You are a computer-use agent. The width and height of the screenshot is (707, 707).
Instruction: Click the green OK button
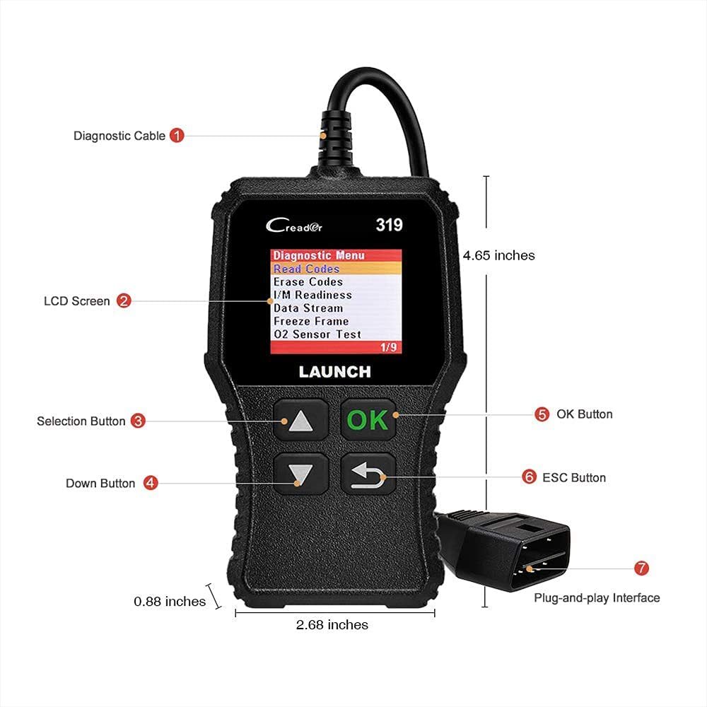[x=368, y=420]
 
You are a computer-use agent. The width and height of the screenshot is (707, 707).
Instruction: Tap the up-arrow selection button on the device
[x=300, y=421]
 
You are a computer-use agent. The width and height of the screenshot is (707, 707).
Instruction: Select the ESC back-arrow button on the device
[x=368, y=474]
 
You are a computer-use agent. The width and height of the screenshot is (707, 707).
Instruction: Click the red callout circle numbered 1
[x=177, y=135]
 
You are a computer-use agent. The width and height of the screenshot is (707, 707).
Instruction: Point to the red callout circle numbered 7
[x=641, y=568]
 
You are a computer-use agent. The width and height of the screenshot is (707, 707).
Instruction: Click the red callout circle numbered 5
[x=542, y=414]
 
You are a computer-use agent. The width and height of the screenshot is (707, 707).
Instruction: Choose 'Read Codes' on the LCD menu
[x=307, y=269]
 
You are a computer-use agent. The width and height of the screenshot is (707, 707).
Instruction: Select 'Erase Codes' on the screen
[x=308, y=281]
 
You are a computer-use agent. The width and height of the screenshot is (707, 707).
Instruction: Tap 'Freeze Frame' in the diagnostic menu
[x=311, y=321]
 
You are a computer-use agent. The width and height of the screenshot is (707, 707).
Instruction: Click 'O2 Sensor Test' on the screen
[x=317, y=334]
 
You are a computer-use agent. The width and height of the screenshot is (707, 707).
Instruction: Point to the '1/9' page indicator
[x=389, y=347]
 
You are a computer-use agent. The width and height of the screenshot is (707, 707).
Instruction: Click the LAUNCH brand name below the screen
[x=334, y=372]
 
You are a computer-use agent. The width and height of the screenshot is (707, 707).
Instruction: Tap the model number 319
[x=389, y=225]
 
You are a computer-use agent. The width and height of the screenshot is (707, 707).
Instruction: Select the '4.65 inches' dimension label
[x=499, y=255]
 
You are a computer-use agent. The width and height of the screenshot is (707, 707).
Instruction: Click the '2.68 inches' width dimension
[x=332, y=624]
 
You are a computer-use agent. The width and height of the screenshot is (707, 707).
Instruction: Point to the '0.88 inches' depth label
[x=170, y=602]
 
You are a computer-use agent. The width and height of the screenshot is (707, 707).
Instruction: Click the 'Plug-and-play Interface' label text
[x=597, y=598]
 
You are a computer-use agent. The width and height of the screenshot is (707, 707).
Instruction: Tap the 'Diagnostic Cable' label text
[x=119, y=136]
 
